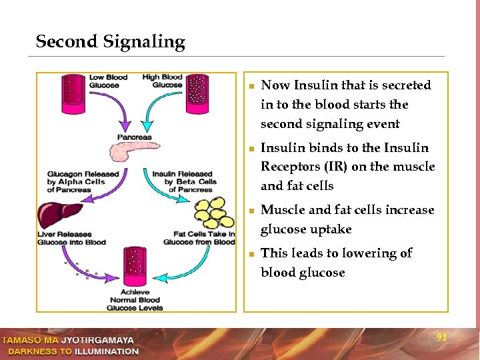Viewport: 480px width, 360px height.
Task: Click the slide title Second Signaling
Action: tap(110, 42)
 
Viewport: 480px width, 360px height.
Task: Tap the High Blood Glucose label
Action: tap(162, 81)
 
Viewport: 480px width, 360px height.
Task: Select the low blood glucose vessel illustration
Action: tap(73, 94)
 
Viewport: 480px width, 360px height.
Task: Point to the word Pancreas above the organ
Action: tap(134, 137)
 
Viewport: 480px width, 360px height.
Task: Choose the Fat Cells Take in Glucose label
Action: tap(199, 238)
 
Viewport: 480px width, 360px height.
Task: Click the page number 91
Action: tap(441, 338)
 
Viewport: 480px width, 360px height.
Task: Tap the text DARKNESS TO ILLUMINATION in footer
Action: tap(73, 351)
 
